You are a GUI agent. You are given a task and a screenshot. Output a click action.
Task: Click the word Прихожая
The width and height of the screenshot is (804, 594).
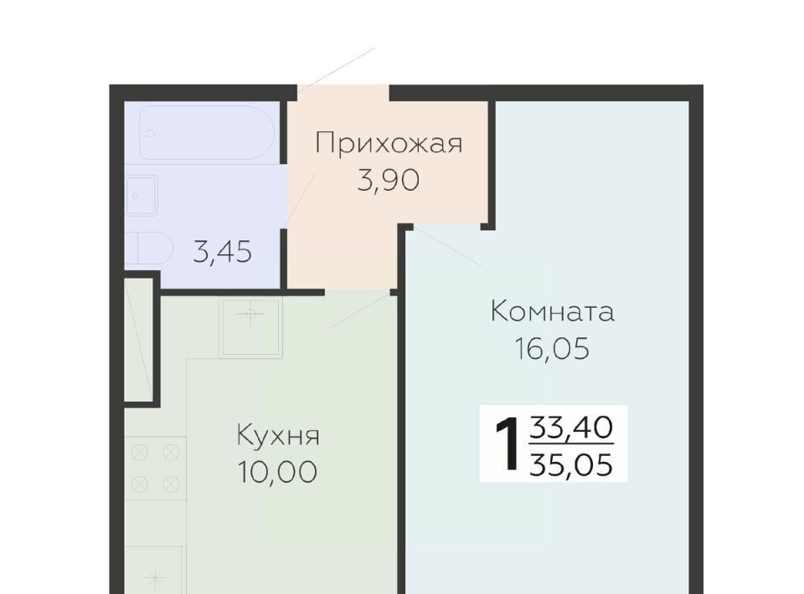pos(389,144)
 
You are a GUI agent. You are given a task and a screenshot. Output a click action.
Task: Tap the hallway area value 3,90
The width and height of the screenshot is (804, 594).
pos(388,180)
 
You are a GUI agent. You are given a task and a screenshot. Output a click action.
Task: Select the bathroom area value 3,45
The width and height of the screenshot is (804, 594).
pos(223,252)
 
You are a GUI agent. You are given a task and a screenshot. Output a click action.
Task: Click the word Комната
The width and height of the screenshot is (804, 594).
pos(552,311)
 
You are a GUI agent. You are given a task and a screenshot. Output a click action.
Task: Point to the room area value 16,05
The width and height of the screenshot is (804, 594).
pos(552,349)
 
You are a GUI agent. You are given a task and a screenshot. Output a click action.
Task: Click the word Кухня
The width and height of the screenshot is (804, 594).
pos(278,436)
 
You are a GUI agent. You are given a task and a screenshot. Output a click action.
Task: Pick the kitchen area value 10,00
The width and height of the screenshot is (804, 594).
pos(277,472)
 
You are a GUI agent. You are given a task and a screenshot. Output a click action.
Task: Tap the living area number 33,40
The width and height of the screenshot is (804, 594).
pos(571,427)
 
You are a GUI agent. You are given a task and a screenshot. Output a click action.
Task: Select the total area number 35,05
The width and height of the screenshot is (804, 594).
pos(571,465)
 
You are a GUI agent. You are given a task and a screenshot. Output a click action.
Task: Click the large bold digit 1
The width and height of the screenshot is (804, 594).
pos(508,444)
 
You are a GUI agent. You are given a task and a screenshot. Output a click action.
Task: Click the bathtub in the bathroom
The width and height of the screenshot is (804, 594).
pos(207,132)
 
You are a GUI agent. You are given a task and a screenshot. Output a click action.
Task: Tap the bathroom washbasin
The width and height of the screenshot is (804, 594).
pos(142,196)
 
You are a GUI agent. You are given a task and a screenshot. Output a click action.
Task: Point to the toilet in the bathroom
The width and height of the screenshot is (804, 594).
pos(149,248)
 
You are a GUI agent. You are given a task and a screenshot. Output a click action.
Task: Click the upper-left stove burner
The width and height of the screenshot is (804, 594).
pos(140,453)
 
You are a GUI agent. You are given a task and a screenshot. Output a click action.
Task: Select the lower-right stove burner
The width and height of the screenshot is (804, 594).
pos(171,484)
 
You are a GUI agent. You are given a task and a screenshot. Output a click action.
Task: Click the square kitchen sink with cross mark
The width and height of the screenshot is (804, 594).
pos(250,327)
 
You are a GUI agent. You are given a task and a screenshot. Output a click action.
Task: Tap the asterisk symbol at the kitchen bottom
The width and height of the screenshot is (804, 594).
pos(155,579)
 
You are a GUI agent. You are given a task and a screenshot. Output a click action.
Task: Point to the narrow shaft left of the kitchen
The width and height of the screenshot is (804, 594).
pos(140,339)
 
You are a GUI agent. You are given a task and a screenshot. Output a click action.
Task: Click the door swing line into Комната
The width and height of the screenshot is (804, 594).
pos(447,246)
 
